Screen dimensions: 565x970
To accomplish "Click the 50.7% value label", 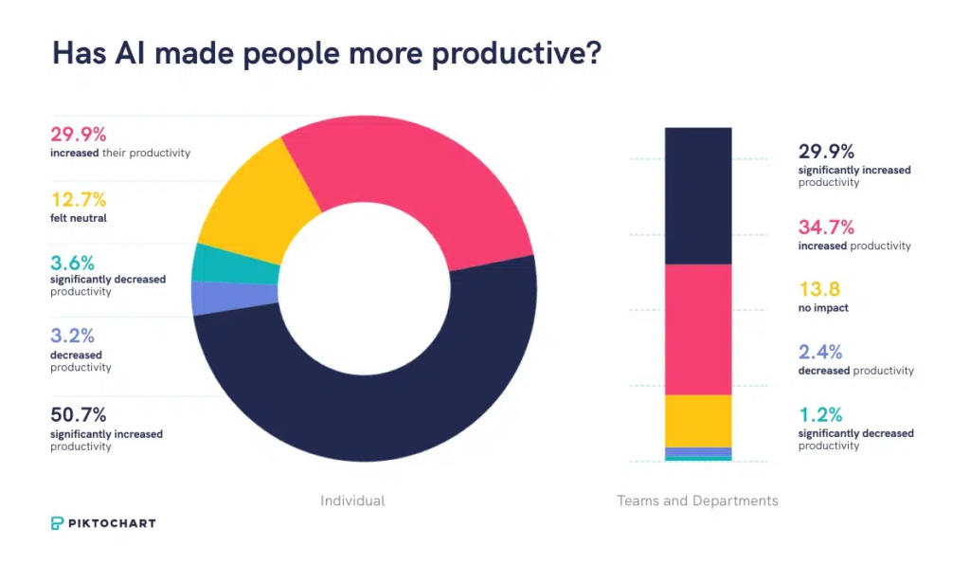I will (x=79, y=415).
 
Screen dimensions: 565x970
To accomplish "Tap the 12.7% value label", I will (x=78, y=200).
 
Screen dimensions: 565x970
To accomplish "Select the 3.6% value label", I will (x=73, y=262).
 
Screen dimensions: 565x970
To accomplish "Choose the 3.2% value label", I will (x=72, y=337).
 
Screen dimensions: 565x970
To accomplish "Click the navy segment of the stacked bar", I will (x=698, y=195).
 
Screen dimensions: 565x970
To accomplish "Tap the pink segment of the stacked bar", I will (x=698, y=329).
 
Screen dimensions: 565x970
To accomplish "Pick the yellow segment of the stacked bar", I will (x=698, y=420).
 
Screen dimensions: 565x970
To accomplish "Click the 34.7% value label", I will (x=826, y=228).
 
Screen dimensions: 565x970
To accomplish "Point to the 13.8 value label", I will (x=819, y=290).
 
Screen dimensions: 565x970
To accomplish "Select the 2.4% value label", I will (x=820, y=353).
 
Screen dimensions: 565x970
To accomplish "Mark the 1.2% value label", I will (x=819, y=415).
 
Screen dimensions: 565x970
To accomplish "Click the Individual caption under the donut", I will (x=352, y=501).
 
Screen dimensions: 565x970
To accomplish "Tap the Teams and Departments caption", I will (x=697, y=501).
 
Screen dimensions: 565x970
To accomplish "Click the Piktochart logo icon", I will (x=58, y=523).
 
